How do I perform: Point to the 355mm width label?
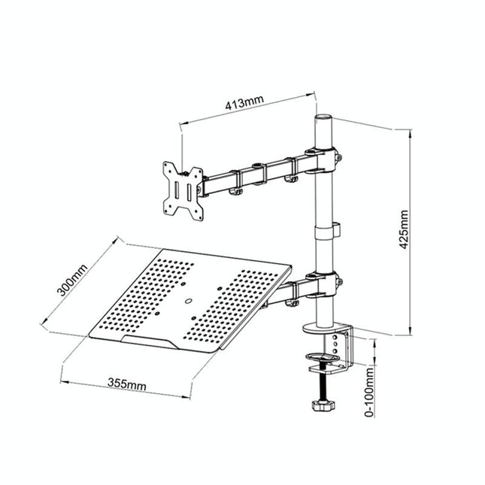coord(126,385)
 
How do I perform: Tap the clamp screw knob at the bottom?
coord(323,405)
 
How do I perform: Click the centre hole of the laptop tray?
coord(188,305)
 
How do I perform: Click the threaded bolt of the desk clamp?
coord(324,386)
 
